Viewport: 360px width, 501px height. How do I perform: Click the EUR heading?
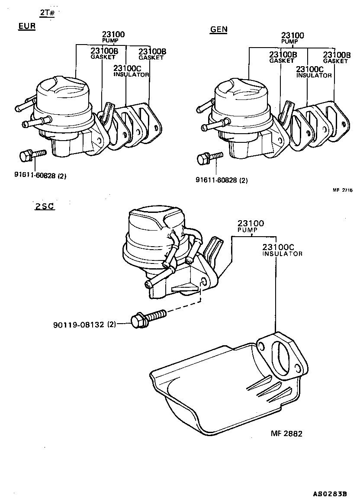tap(26, 27)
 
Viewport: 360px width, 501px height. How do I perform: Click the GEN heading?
tap(219, 29)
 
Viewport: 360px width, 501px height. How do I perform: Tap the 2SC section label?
tap(45, 206)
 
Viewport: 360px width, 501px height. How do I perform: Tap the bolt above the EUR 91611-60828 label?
tap(32, 155)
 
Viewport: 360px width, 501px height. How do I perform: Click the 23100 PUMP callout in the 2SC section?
tap(251, 226)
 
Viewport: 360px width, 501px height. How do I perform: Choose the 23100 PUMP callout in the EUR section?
tap(113, 36)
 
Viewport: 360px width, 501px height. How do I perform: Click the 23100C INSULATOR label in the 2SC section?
tap(282, 250)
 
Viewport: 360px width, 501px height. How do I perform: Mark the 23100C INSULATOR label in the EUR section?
tap(131, 71)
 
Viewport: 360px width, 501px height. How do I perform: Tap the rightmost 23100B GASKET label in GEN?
tap(336, 57)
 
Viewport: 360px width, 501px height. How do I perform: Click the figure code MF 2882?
tap(286, 433)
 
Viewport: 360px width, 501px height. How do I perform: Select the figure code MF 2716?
tap(343, 190)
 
